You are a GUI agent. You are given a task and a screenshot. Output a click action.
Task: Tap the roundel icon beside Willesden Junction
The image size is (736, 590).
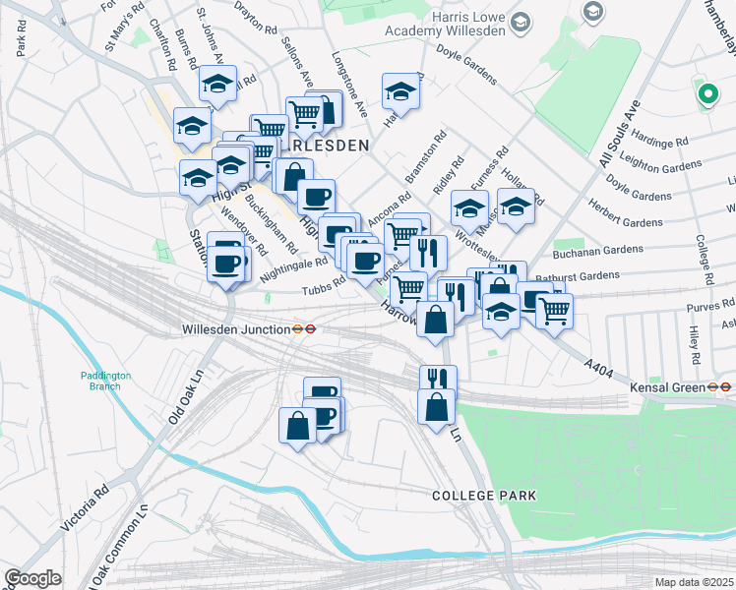[x=309, y=330]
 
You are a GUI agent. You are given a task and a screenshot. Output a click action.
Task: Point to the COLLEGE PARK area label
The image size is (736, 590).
[x=484, y=496]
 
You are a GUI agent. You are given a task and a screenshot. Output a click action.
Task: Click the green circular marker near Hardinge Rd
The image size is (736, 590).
[x=705, y=94]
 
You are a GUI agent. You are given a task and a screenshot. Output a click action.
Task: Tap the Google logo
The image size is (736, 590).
[x=33, y=577]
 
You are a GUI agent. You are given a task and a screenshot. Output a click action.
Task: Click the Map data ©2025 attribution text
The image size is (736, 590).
[x=694, y=582]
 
